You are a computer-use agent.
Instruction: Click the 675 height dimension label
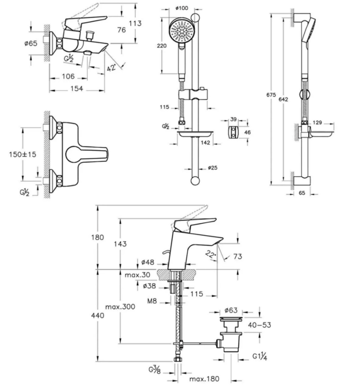(271, 95)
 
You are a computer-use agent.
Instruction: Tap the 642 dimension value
(283, 99)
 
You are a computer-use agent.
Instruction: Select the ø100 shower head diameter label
(182, 8)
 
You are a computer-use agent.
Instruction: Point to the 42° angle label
(111, 67)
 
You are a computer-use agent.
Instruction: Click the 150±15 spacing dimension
(22, 155)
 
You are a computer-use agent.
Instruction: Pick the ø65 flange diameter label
(31, 43)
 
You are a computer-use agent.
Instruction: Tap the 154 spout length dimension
(76, 89)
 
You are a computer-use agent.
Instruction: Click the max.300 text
(120, 307)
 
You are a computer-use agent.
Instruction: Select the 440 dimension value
(98, 315)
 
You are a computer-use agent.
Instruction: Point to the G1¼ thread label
(260, 356)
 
